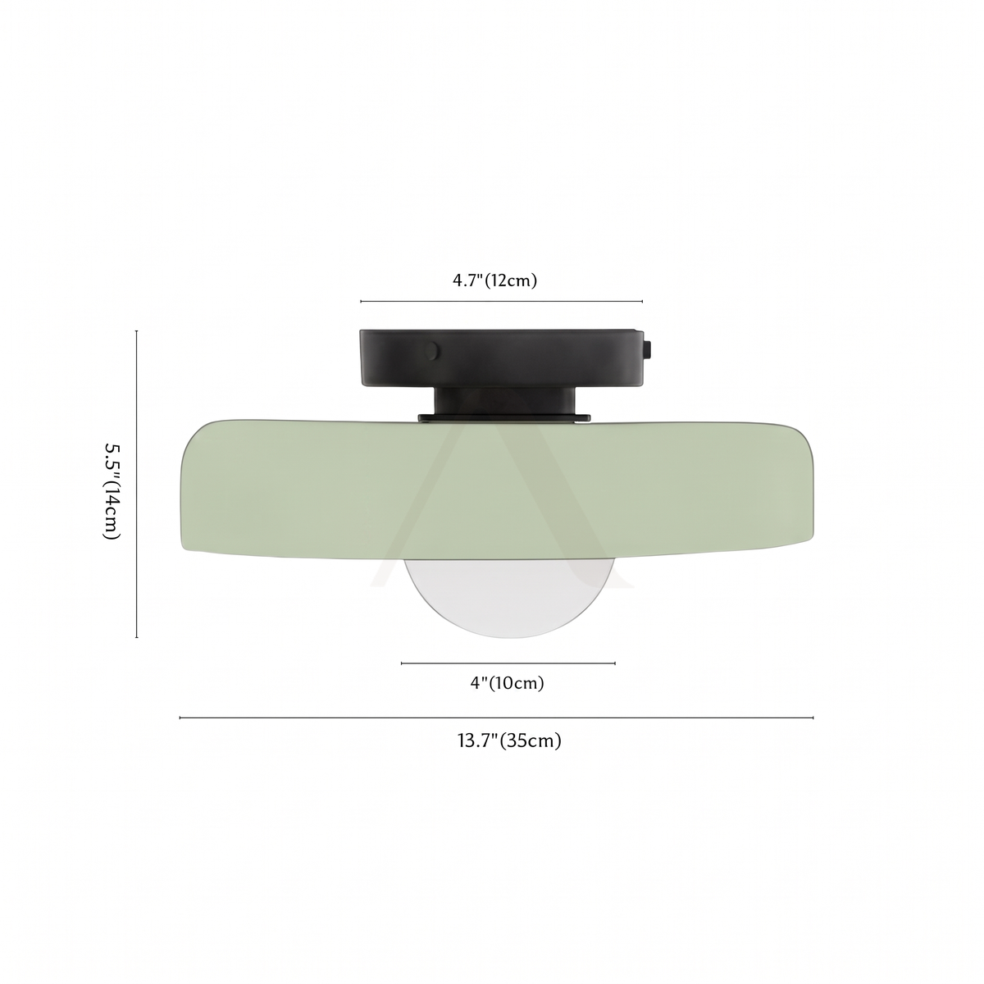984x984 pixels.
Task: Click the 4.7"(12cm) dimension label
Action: click(494, 280)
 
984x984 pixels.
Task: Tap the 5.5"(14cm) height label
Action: click(112, 484)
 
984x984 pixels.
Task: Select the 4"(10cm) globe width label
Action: click(507, 682)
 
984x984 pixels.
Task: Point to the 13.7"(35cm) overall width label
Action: click(509, 740)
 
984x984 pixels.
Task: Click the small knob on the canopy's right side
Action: click(648, 351)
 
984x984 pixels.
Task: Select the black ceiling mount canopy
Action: click(502, 358)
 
